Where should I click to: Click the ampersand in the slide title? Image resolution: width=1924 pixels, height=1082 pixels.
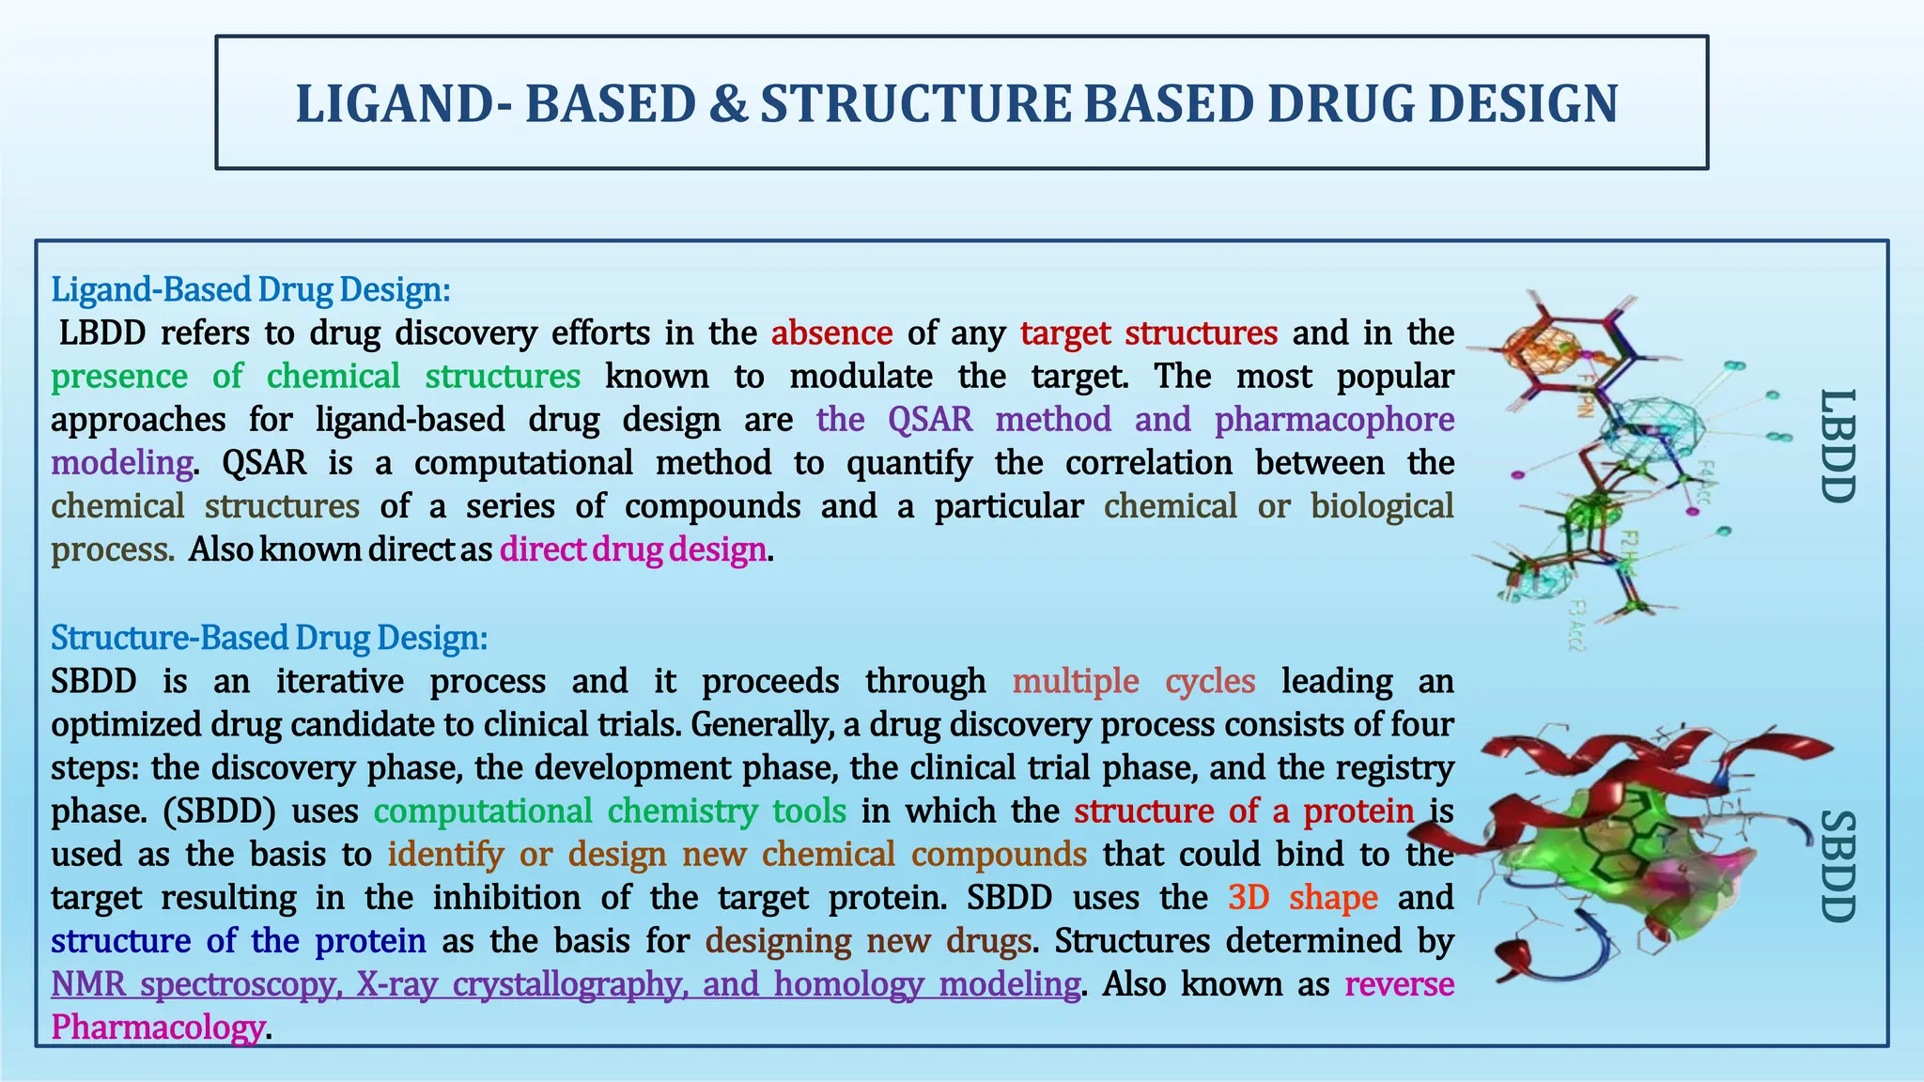point(728,104)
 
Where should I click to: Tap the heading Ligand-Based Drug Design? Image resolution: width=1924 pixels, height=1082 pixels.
point(251,289)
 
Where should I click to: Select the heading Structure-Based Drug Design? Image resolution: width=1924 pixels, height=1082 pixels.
point(270,638)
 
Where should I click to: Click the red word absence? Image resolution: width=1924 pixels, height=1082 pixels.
point(831,333)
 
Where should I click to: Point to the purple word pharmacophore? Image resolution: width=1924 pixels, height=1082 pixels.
point(1334,420)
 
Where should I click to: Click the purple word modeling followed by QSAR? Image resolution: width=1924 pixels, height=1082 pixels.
point(122,463)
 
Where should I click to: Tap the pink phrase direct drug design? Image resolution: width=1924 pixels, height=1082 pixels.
point(633,549)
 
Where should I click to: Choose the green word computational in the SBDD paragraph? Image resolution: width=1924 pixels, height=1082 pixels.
point(483,811)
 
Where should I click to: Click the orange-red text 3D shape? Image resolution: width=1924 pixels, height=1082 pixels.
point(1302,898)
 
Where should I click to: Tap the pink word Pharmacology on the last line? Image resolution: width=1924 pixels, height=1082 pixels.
point(158,1028)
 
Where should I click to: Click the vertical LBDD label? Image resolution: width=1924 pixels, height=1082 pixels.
point(1838,446)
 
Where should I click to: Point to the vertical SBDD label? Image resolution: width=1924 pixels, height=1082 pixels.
point(1838,866)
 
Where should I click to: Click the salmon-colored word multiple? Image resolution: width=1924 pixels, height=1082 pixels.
point(1076,681)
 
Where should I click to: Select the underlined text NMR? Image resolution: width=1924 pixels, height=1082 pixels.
point(88,984)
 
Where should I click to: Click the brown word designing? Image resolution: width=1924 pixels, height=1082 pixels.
point(778,941)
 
